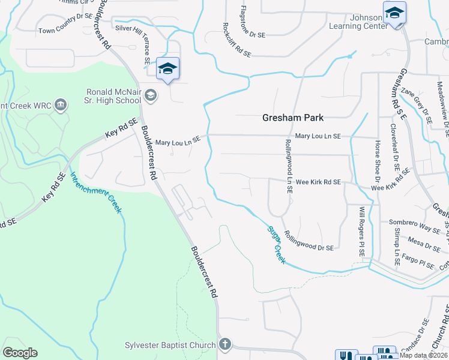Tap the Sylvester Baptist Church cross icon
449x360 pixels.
(224, 344)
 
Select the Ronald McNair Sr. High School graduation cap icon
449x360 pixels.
(150, 95)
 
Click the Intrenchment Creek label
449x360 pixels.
(96, 193)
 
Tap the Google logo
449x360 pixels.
(20, 353)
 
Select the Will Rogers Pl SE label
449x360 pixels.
(362, 232)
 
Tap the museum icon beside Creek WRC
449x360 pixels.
(60, 106)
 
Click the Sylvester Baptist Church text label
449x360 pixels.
(170, 345)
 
